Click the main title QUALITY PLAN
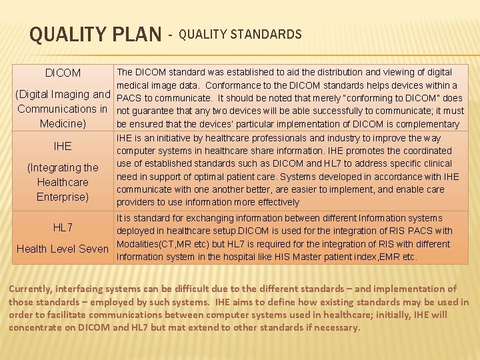point(95,34)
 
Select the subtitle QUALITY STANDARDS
point(240,34)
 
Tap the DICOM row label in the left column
point(63,73)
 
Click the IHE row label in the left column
point(63,146)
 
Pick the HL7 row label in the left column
point(63,228)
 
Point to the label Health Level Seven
point(63,249)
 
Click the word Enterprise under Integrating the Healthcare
point(63,197)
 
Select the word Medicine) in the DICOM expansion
point(63,123)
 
